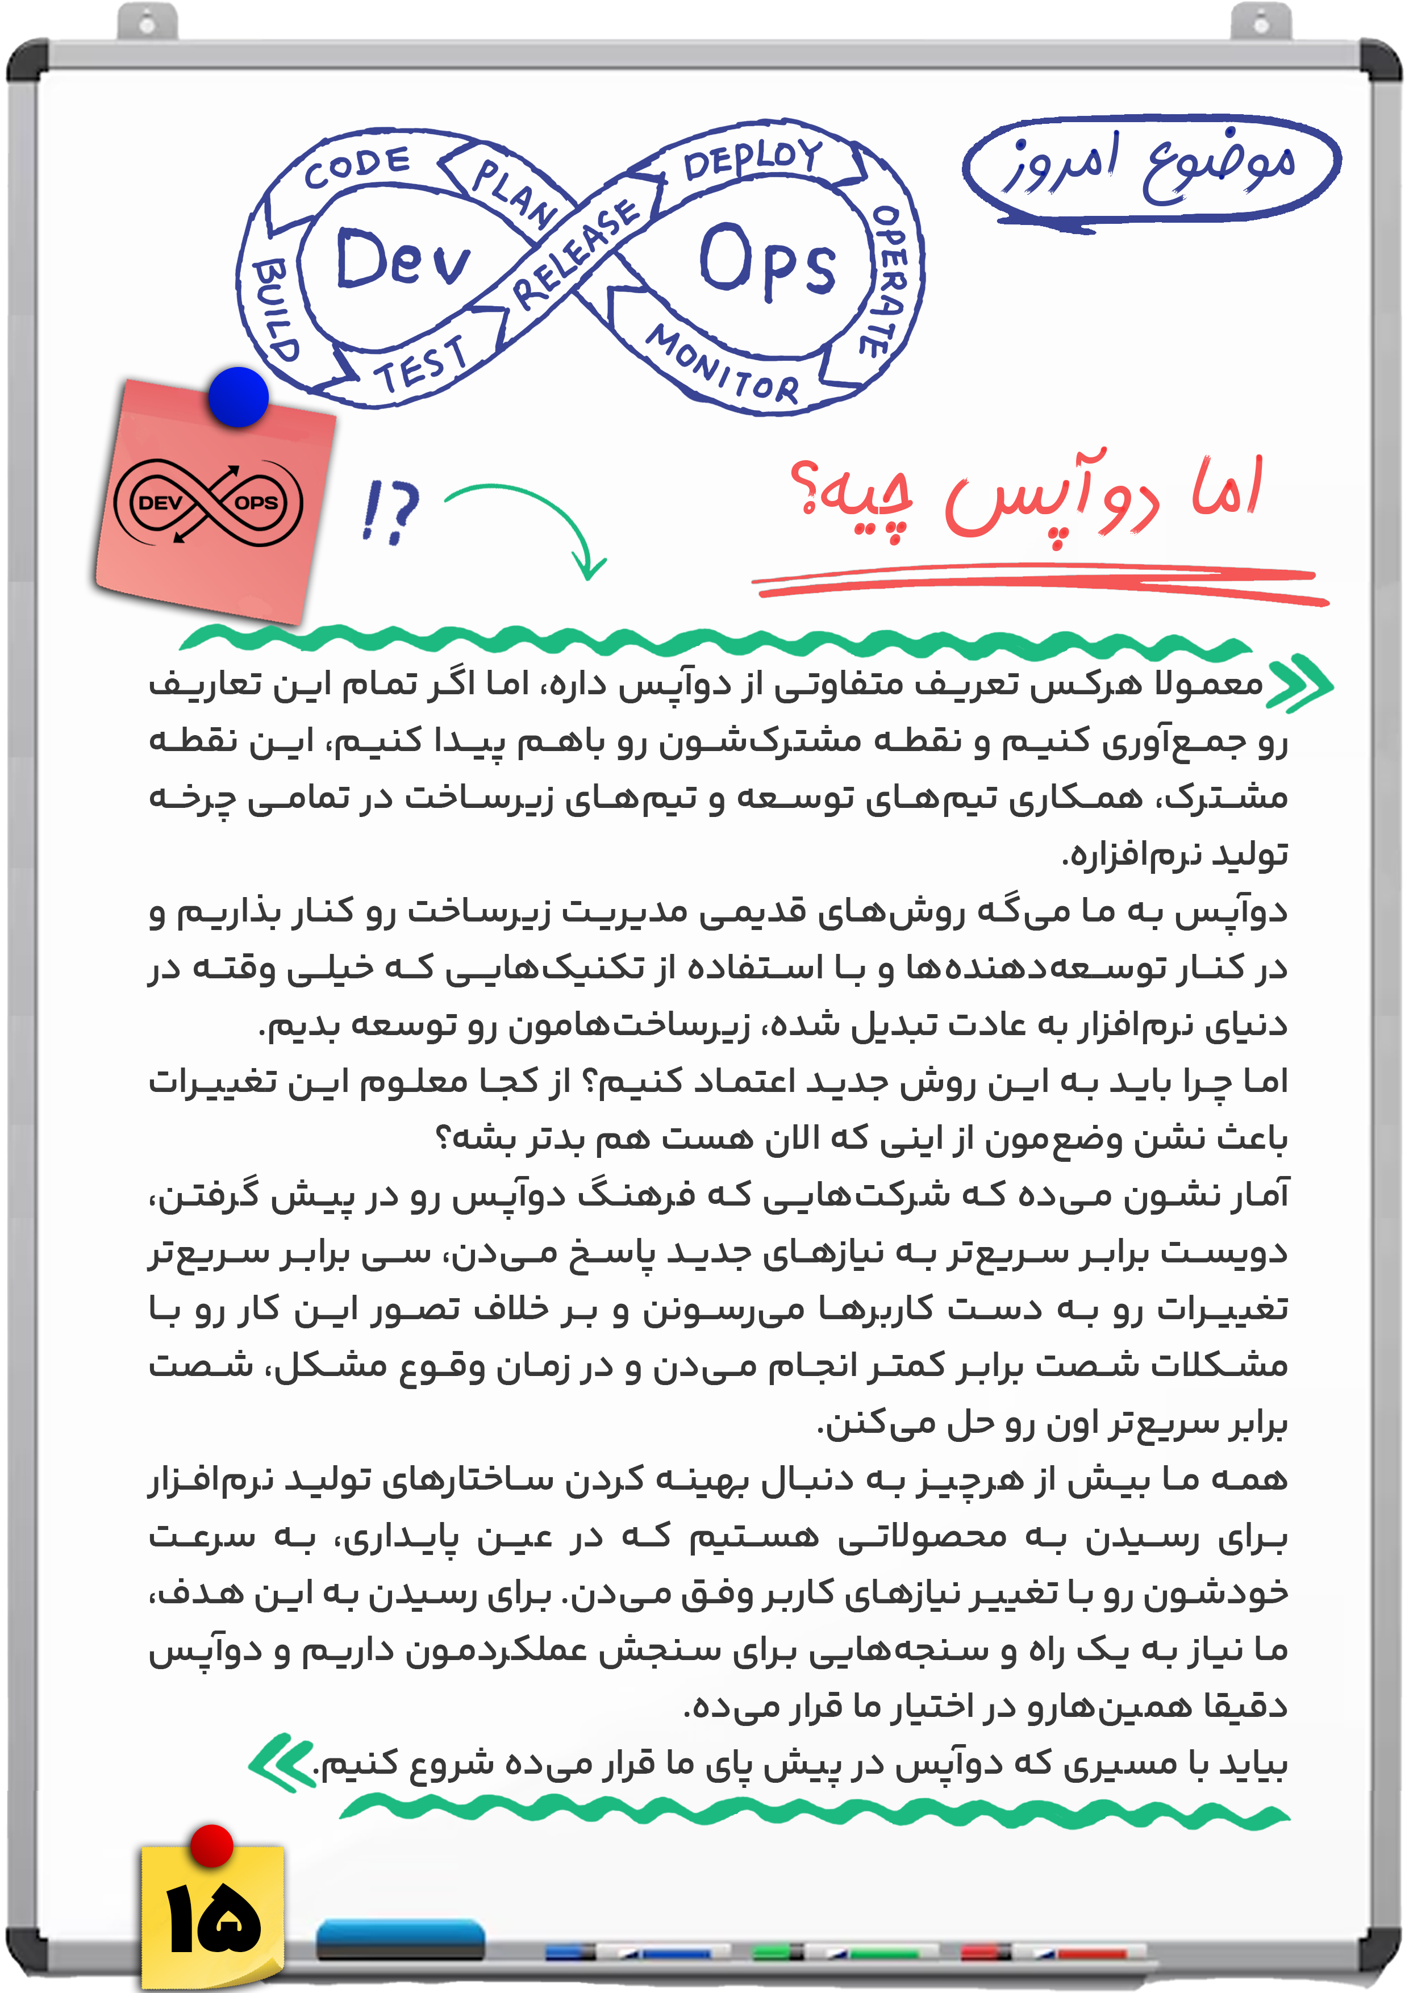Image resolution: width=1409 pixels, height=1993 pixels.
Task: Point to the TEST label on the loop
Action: [422, 364]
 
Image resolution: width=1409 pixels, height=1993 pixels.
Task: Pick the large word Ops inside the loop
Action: [766, 260]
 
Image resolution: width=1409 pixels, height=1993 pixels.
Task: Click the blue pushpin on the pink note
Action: [239, 397]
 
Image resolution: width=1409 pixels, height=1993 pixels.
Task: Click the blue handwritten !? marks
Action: [391, 511]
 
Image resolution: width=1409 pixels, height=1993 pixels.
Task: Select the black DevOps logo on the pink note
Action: [209, 502]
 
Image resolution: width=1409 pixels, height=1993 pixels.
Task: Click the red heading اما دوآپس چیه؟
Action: [1024, 495]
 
